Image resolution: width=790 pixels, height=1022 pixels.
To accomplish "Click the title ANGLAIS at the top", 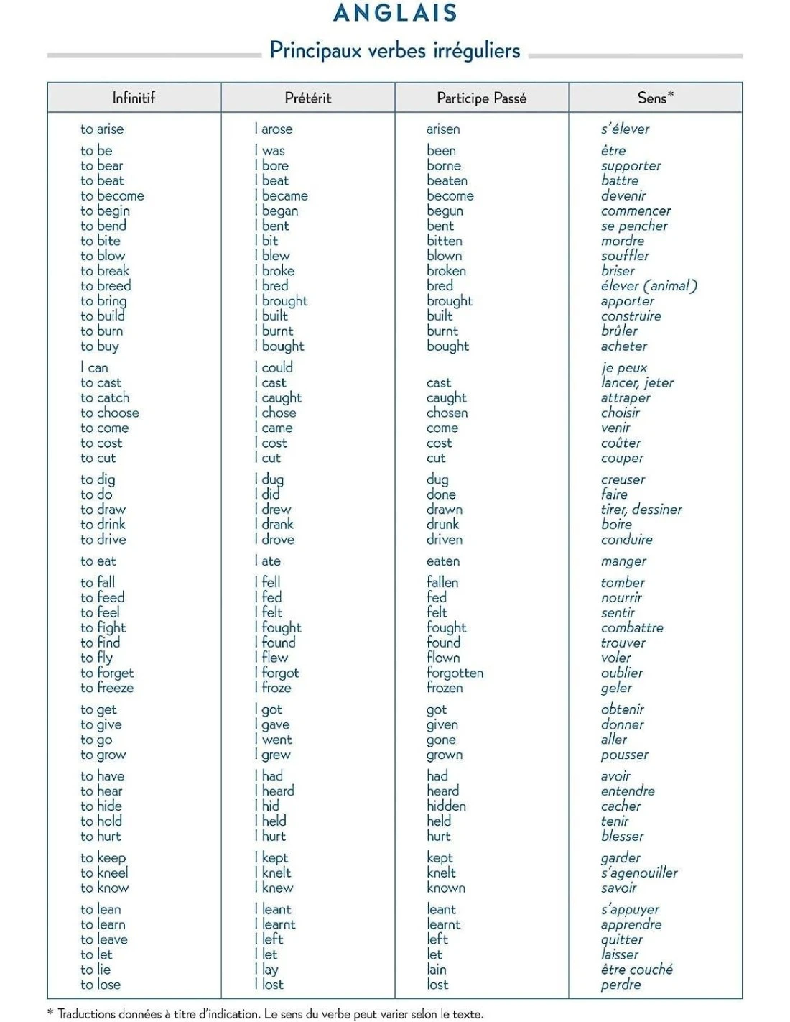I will click(x=395, y=13).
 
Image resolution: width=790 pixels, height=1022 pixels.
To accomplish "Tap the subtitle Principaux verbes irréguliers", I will click(x=395, y=50).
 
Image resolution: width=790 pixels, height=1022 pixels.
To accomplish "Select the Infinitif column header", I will click(x=134, y=98).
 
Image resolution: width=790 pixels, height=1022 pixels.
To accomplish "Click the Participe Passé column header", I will click(x=481, y=98).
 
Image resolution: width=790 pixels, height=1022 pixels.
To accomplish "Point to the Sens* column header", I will click(x=655, y=98).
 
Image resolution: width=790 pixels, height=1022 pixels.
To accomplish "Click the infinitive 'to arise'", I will click(x=102, y=129).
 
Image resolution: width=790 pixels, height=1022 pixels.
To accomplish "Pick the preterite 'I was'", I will click(x=271, y=151).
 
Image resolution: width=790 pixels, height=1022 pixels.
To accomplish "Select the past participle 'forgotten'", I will click(x=455, y=673).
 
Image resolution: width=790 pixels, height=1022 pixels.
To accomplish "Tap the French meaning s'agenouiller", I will click(x=639, y=873).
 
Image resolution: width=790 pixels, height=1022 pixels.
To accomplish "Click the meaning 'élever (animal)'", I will click(x=649, y=286).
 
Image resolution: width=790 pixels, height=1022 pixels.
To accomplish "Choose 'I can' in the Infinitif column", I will click(x=94, y=368).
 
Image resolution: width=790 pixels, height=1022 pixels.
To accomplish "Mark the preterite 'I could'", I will click(x=274, y=368).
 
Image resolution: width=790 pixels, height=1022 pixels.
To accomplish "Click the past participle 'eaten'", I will click(x=443, y=561).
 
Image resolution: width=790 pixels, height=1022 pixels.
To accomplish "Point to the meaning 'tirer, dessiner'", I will click(x=641, y=510).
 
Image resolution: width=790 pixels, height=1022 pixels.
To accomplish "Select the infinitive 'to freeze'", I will click(x=107, y=688).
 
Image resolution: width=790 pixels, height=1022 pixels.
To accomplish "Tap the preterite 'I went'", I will click(x=274, y=740).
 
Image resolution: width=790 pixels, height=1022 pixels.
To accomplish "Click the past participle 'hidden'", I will click(x=446, y=806).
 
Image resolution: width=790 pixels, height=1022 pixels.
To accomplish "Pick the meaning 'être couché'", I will click(x=637, y=970).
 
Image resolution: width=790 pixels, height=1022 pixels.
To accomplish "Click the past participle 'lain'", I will click(x=436, y=970).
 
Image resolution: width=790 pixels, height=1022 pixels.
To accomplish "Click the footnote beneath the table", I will click(x=266, y=1014).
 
